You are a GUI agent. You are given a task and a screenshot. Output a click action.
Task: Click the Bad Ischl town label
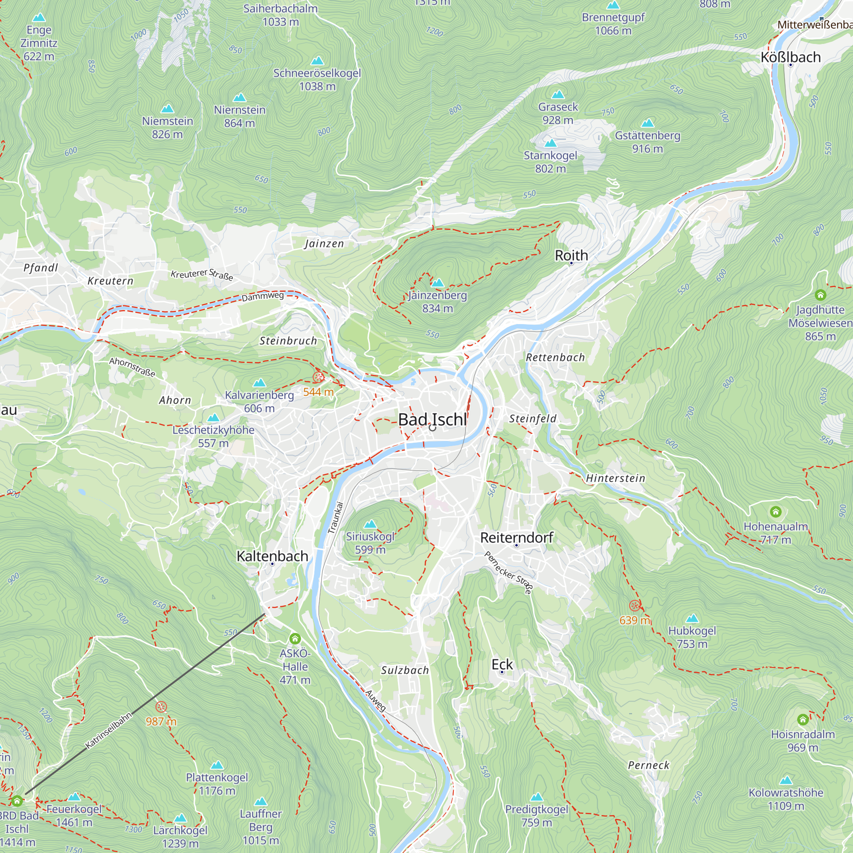432,419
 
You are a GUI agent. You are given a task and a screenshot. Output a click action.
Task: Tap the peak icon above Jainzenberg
437,283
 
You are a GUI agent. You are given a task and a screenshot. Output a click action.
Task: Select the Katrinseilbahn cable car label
109,731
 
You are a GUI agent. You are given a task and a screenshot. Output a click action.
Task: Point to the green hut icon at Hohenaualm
776,512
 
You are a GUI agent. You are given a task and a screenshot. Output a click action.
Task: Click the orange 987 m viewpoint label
161,722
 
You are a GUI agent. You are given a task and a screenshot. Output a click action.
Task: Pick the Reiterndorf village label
516,538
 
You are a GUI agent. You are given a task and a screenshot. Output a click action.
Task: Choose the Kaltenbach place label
273,556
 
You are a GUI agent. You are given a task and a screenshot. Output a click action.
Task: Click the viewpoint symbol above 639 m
635,605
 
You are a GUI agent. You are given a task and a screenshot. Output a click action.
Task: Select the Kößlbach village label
790,58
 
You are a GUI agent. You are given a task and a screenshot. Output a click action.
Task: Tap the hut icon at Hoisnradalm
803,720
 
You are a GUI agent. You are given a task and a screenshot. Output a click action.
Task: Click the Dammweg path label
262,296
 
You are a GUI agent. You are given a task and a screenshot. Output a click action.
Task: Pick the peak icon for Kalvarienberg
260,382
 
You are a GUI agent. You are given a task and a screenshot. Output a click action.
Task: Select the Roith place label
571,255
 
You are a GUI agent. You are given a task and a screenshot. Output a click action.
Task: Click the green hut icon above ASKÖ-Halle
295,638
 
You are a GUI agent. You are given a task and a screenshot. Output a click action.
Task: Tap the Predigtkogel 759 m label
537,816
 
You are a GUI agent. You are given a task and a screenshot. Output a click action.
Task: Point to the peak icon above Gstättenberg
647,123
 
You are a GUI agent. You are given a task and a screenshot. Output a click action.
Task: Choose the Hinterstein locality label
615,478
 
